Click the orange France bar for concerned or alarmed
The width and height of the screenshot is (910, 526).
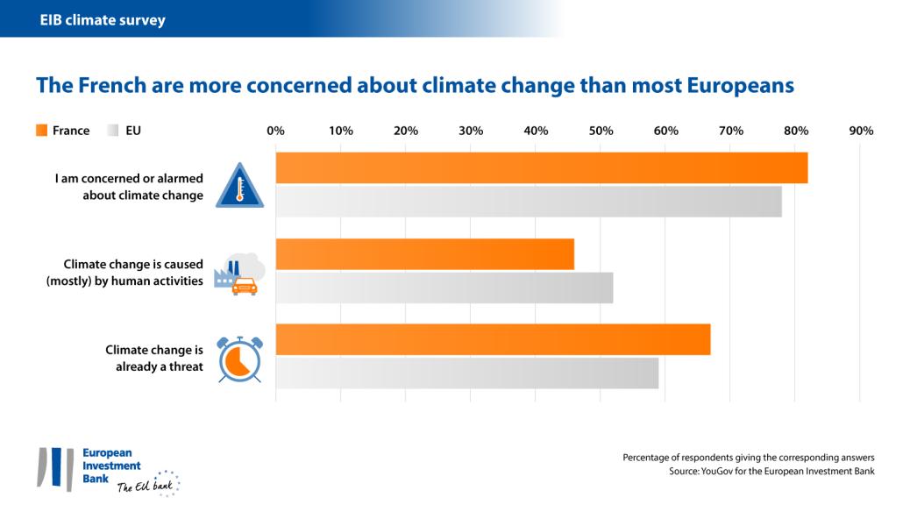tap(541, 167)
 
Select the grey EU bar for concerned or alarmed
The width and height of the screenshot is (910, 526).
tap(528, 202)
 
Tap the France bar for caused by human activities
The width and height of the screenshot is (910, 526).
tap(424, 254)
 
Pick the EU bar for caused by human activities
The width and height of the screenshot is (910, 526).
tap(444, 288)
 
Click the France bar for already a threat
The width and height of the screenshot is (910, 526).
tap(493, 339)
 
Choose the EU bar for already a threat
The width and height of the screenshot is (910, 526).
tap(466, 373)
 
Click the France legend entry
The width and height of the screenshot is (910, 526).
tap(62, 131)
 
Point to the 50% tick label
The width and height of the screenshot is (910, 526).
tap(601, 131)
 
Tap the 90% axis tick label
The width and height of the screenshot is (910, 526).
tap(861, 131)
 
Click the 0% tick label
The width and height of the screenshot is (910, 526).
tap(275, 131)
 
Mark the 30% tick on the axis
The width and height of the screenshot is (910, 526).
tap(471, 131)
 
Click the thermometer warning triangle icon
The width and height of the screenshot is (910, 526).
tap(239, 185)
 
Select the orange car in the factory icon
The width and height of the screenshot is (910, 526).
tap(244, 286)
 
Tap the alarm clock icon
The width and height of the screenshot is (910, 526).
tap(239, 359)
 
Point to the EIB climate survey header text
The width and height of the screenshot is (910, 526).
tap(103, 19)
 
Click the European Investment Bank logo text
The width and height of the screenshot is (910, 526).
tap(110, 466)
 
